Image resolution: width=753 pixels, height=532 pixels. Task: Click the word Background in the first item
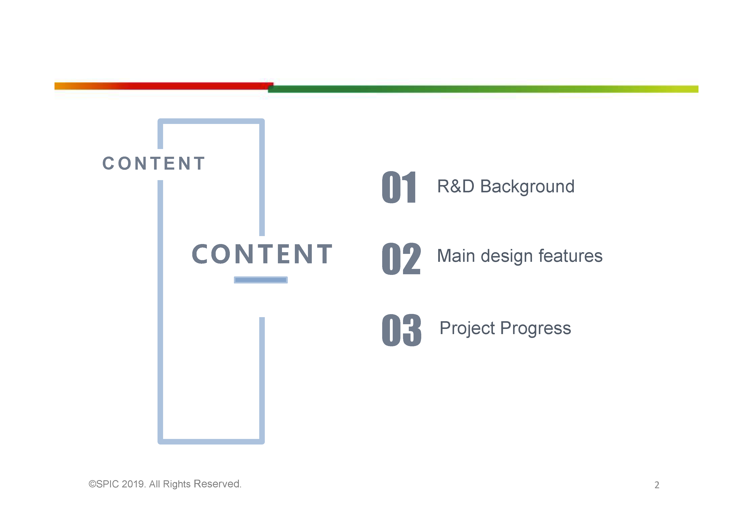click(527, 187)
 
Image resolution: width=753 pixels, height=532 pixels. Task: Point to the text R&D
click(456, 186)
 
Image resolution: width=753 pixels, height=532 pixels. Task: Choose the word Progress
click(536, 329)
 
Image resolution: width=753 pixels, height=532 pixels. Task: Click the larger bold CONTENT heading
click(262, 254)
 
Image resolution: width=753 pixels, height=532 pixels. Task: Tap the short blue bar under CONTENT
click(261, 280)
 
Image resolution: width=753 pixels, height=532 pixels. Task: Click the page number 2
click(657, 485)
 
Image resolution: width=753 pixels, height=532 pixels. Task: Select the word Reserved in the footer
click(218, 484)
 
